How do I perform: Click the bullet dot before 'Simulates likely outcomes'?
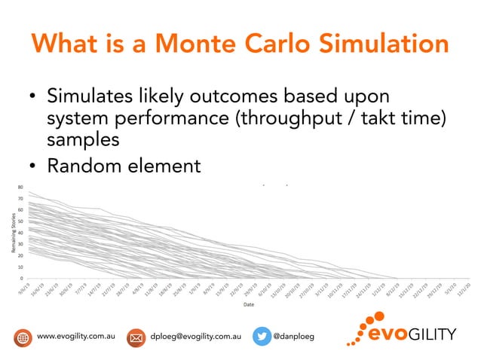[32, 99]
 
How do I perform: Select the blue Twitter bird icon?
[260, 337]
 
